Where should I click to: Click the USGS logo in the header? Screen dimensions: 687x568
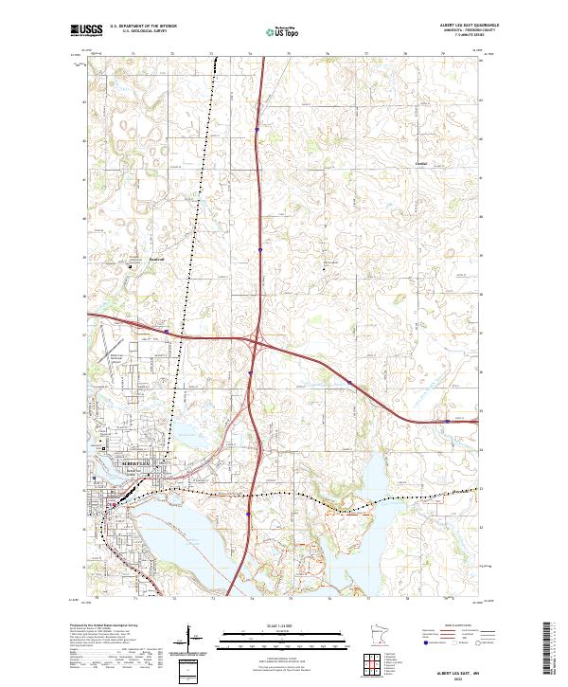coord(86,30)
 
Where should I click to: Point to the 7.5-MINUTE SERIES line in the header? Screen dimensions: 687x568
coord(455,38)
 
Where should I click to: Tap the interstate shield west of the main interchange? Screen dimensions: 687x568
coord(166,332)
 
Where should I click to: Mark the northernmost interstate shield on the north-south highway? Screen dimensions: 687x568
coord(257,131)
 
